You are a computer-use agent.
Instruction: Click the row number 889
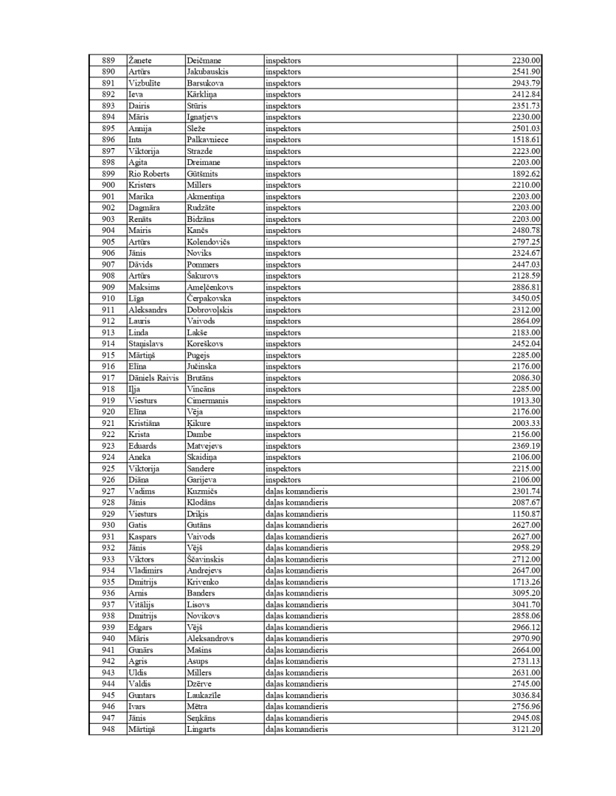click(x=108, y=60)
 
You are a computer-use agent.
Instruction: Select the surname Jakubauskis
click(x=207, y=71)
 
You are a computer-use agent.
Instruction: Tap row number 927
click(x=108, y=491)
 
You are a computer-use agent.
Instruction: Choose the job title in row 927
click(x=297, y=491)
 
